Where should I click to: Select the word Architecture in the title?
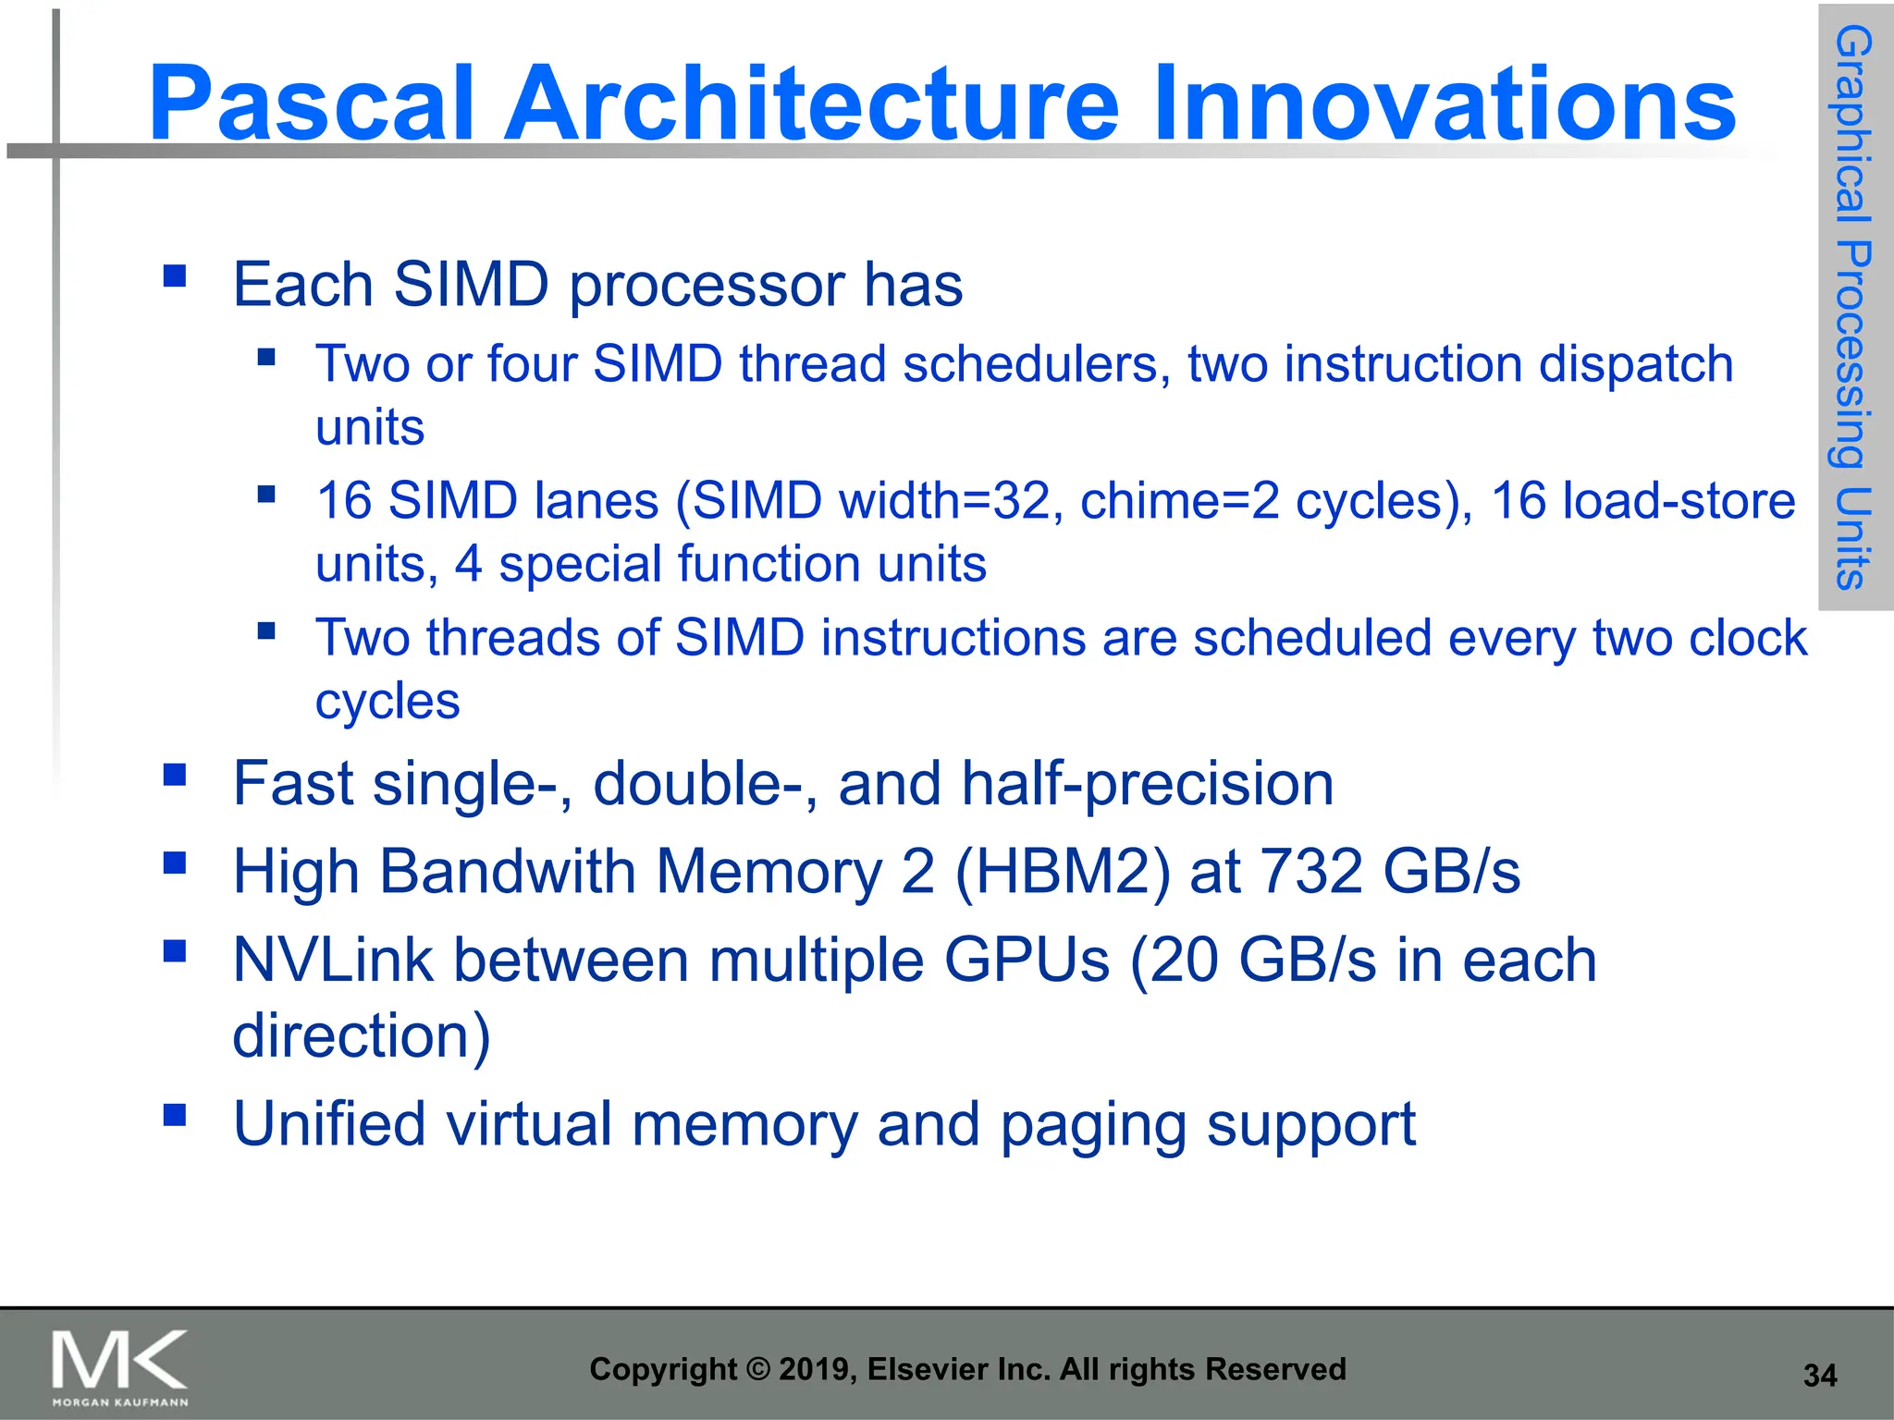(811, 104)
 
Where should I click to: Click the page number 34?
(1819, 1376)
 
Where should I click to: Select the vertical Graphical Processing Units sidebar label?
(1853, 307)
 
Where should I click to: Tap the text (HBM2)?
(1063, 872)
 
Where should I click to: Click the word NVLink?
(333, 960)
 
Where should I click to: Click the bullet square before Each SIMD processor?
(175, 275)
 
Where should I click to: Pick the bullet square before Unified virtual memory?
(175, 1115)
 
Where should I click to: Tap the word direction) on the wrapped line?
(361, 1035)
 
